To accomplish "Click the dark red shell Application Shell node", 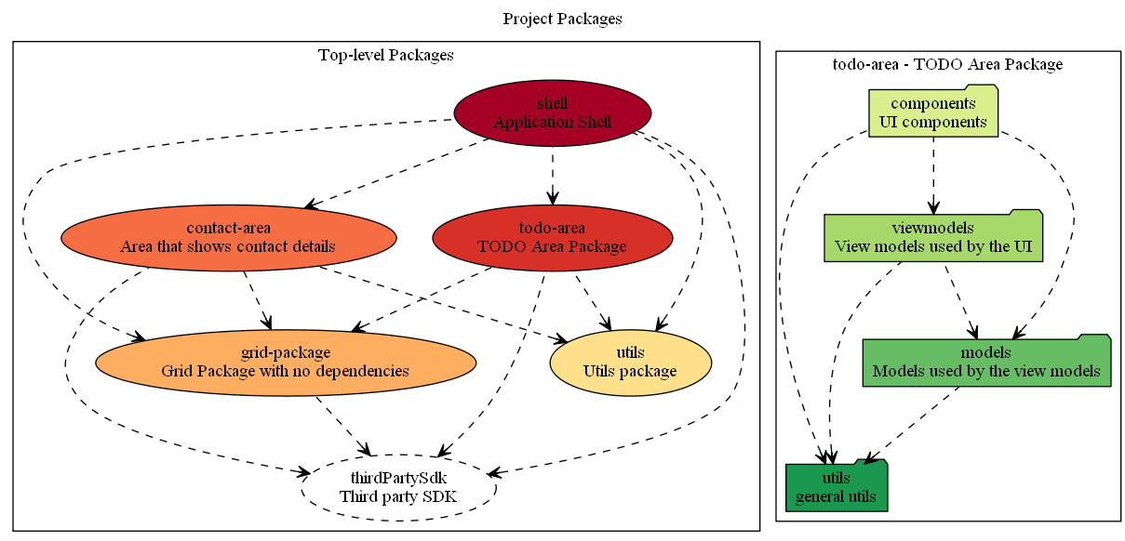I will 552,112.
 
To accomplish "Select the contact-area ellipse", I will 228,237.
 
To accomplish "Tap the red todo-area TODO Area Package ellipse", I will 552,237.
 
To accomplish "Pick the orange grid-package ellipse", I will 285,362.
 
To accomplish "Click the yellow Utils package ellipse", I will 630,362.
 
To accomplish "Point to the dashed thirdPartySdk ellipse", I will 398,487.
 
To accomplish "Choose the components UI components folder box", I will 932,112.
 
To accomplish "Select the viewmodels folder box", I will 932,237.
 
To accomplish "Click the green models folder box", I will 986,362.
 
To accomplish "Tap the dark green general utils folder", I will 836,487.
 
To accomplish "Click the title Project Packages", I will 562,19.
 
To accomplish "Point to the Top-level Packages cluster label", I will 385,55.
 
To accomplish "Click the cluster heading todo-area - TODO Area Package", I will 947,64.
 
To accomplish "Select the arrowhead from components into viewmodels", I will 932,208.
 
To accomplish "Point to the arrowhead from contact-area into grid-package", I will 267,323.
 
